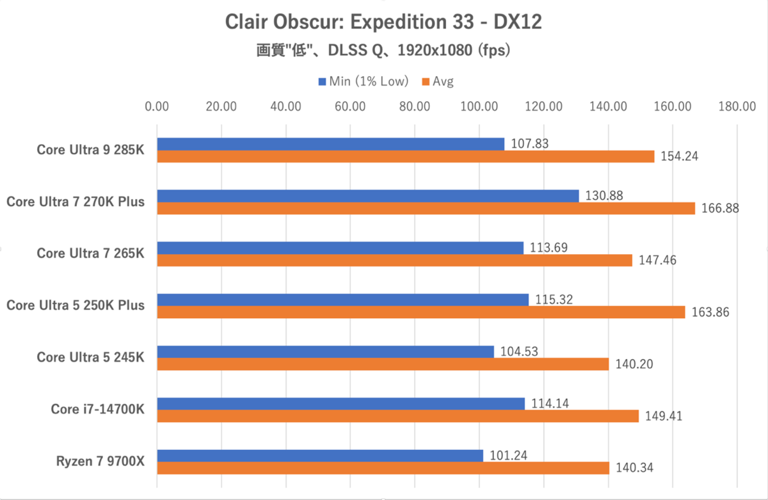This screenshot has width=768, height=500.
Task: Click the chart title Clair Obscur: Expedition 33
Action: click(383, 22)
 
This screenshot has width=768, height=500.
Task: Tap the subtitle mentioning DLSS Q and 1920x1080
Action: click(383, 50)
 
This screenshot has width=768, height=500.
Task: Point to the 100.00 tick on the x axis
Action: click(479, 106)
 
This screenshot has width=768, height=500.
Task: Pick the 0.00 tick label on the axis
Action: click(157, 106)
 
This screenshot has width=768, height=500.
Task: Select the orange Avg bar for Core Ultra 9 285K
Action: click(406, 156)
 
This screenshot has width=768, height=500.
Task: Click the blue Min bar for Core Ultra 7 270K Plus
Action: click(368, 196)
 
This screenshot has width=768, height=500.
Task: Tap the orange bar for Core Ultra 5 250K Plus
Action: click(421, 312)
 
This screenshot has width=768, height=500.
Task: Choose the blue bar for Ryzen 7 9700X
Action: click(320, 455)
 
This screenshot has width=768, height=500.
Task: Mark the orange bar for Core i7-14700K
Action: click(398, 416)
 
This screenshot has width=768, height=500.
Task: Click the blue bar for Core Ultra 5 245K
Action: click(325, 351)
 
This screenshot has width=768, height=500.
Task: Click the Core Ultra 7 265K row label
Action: click(90, 254)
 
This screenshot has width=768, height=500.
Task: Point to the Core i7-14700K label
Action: click(97, 410)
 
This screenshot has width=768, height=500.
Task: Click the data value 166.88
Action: click(717, 208)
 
